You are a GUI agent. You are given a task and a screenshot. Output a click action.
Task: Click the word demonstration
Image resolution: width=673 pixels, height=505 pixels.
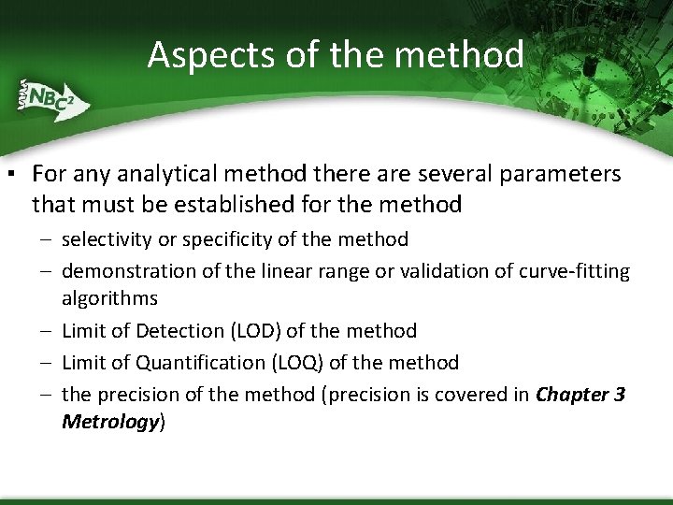(x=123, y=271)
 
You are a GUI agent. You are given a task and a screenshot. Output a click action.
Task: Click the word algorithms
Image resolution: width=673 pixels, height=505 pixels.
(x=109, y=298)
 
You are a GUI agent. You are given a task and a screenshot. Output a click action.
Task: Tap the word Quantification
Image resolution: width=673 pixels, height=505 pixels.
(x=202, y=362)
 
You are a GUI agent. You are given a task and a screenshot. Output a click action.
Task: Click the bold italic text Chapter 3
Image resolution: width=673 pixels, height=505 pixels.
(x=580, y=394)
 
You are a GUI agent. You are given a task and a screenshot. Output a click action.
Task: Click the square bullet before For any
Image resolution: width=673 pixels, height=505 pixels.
(x=8, y=175)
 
